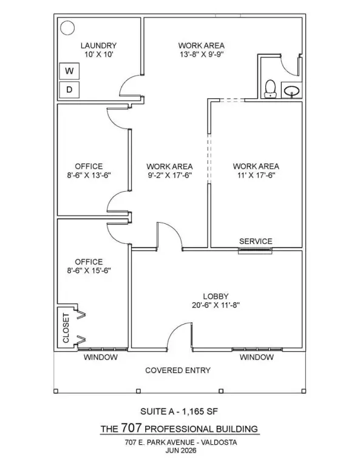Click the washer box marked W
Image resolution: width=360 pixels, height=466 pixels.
click(x=69, y=71)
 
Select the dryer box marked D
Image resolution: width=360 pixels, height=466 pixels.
click(x=69, y=89)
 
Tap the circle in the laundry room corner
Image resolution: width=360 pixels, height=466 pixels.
click(x=67, y=28)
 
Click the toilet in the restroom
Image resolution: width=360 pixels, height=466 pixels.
click(x=270, y=89)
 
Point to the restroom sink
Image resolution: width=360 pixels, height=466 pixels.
click(x=291, y=90)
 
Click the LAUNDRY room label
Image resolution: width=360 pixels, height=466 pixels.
click(x=99, y=46)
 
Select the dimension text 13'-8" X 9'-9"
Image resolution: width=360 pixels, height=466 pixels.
click(x=202, y=55)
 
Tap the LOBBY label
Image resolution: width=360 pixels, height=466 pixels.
click(x=216, y=296)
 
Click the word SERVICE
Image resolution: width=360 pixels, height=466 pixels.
click(x=256, y=241)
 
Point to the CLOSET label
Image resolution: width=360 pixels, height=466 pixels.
click(x=66, y=328)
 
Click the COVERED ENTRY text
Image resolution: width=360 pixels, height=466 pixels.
click(x=178, y=370)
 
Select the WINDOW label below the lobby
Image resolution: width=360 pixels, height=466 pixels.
click(x=257, y=357)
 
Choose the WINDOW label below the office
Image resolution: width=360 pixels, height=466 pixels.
click(x=101, y=357)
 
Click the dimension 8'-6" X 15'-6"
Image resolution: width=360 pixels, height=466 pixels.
click(x=89, y=271)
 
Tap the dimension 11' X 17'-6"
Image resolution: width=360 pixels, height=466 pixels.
click(x=256, y=175)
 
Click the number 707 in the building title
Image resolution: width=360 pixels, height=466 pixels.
click(x=131, y=428)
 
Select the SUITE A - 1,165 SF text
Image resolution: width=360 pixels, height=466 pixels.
click(x=179, y=411)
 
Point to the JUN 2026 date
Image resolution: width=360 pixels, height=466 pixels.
click(x=181, y=451)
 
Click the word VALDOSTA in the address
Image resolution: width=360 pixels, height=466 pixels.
click(x=219, y=442)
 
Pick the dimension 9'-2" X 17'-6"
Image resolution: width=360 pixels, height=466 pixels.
click(x=170, y=175)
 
